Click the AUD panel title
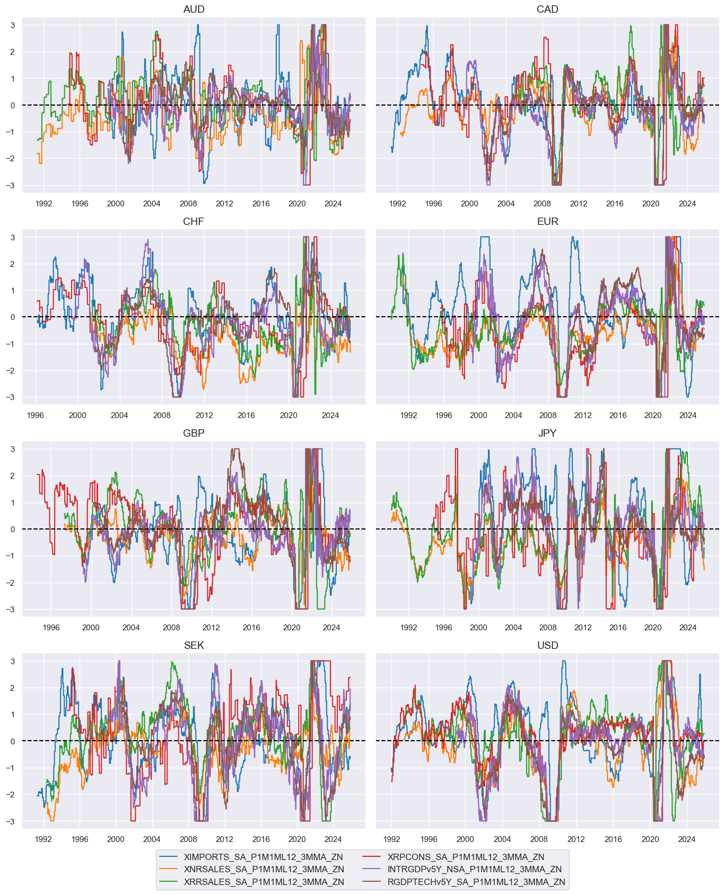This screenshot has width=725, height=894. (194, 10)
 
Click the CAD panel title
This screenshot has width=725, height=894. (547, 10)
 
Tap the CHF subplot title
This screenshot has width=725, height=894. (194, 221)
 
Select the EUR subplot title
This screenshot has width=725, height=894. (547, 221)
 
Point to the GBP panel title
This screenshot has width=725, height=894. (194, 433)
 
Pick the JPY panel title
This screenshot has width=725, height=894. (547, 433)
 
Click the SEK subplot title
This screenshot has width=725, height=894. (194, 645)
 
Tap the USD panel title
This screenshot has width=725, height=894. (547, 645)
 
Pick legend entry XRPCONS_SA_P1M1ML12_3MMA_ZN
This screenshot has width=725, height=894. (466, 857)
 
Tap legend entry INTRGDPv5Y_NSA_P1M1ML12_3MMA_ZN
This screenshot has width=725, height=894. (474, 870)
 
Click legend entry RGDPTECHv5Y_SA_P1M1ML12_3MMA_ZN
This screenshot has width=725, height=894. (476, 882)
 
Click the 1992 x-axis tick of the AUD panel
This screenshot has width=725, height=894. (43, 203)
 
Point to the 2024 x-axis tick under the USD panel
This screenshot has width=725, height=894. (687, 839)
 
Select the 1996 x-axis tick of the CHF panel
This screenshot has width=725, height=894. (36, 415)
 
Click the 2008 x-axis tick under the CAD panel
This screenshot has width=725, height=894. (542, 203)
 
